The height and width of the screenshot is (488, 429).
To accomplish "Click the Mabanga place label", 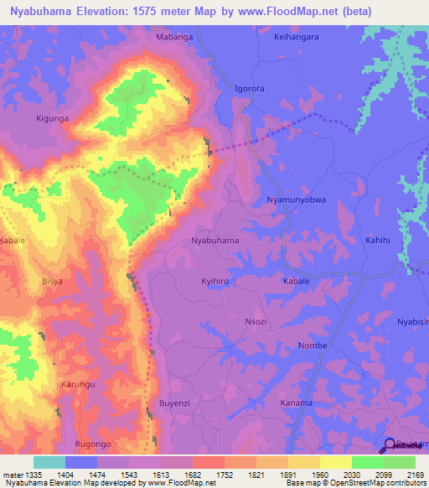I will (175, 38).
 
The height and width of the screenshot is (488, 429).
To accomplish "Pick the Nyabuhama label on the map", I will (215, 241).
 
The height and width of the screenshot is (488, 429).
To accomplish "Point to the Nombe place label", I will (312, 345).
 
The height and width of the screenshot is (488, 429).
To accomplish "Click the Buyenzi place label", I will (176, 405).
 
